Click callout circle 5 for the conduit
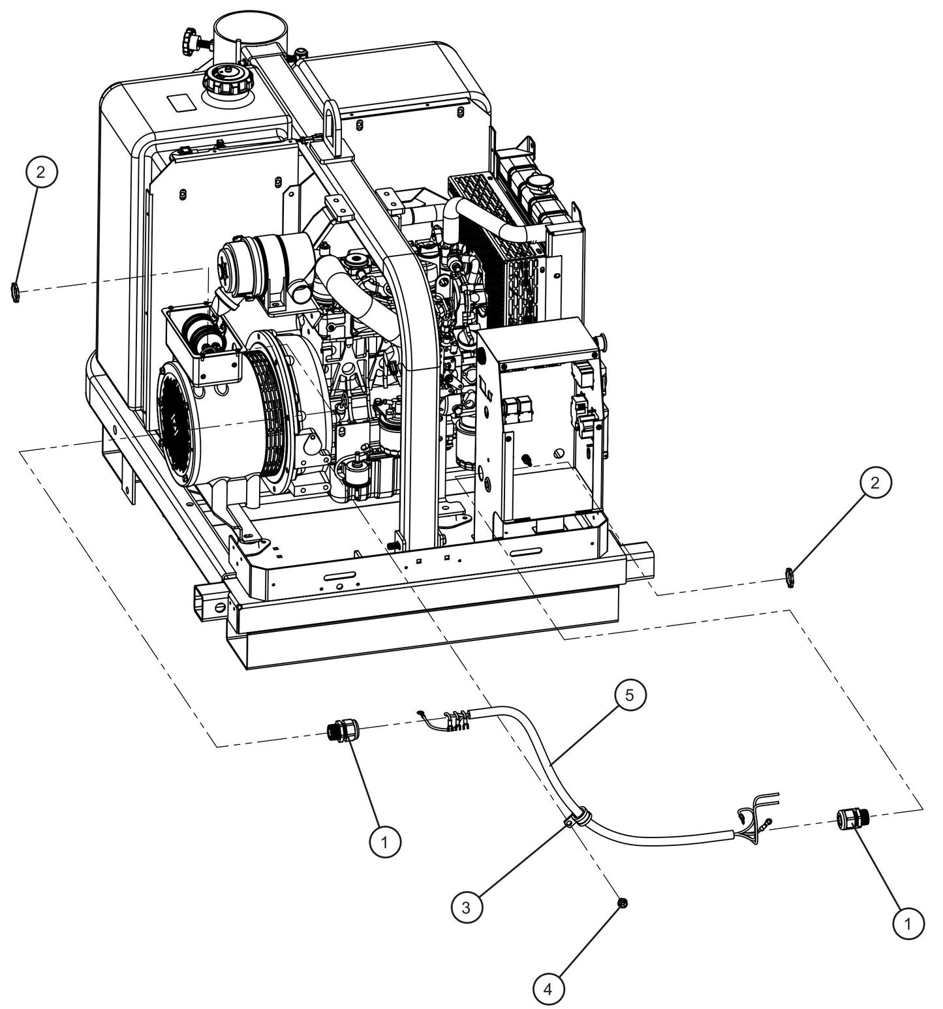coord(628,695)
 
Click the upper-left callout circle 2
coord(41,173)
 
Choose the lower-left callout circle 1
coord(385,841)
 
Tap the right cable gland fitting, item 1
coord(848,818)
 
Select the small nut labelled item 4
coord(623,903)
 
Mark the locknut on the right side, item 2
coord(789,578)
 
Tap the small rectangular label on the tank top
coord(179,102)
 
